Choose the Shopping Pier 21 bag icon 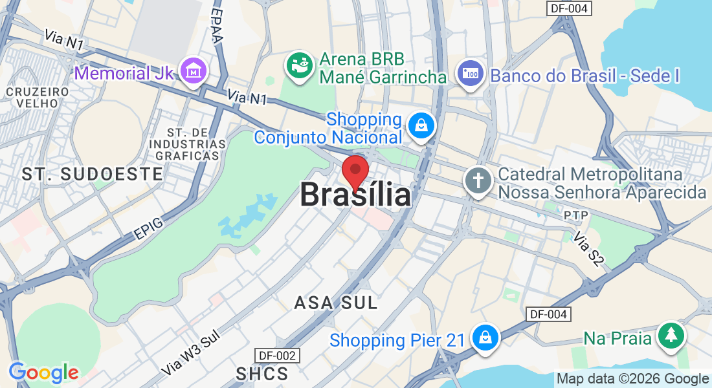tap(484, 338)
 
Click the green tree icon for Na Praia tap(671, 336)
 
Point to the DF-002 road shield tap(279, 356)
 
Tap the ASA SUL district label tap(335, 303)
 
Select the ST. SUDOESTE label tap(92, 173)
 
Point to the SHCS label tap(262, 373)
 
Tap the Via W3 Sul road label tap(192, 353)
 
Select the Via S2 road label tap(589, 250)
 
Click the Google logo tap(43, 372)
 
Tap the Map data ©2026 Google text tap(632, 379)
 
